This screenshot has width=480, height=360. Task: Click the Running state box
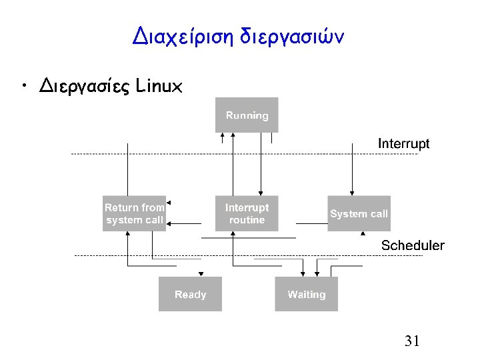coord(247,115)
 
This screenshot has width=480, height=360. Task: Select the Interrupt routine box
coord(247,213)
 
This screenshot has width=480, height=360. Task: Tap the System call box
coord(359,213)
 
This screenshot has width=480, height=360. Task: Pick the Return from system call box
coord(134,213)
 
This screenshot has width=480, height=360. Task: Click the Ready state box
coord(190,294)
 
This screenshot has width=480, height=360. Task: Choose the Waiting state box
coord(307,294)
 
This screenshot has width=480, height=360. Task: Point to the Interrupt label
coord(404,143)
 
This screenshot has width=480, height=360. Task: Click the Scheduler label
coord(413,245)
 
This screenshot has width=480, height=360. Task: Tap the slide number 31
coord(412,342)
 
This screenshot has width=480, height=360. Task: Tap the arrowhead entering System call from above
coord(353,193)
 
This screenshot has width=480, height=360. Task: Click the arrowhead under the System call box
coord(363,233)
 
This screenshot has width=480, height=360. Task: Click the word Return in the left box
coord(120,207)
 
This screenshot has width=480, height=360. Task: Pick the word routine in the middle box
coord(247,220)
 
